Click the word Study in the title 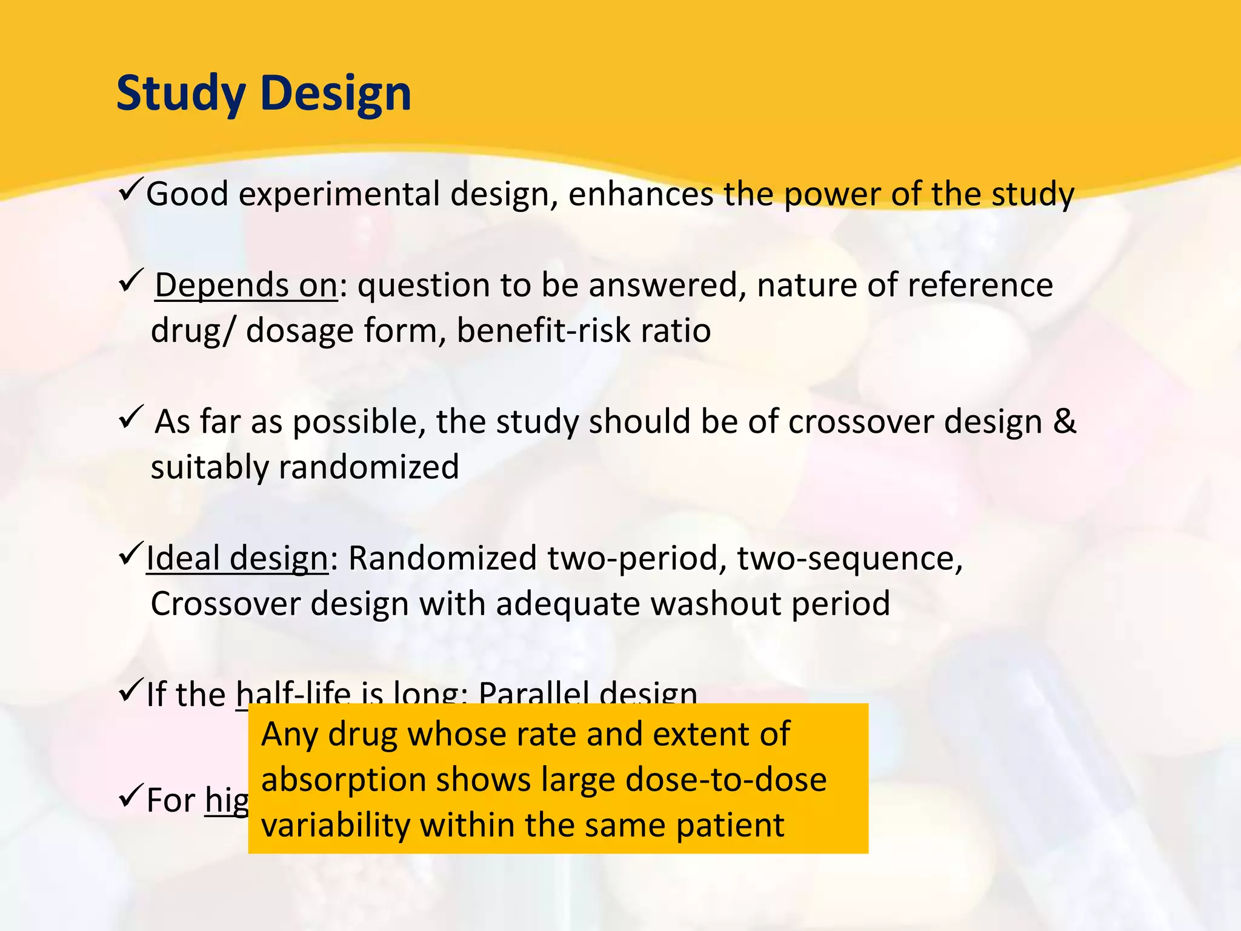point(181,94)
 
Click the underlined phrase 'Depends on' point(245,285)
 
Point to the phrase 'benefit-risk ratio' point(583,331)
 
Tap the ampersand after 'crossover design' point(1065,421)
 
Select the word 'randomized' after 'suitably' point(368,467)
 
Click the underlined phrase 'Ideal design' point(237,558)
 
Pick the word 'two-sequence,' point(850,558)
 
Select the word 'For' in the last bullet point(170,800)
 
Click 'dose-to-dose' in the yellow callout point(725,779)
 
